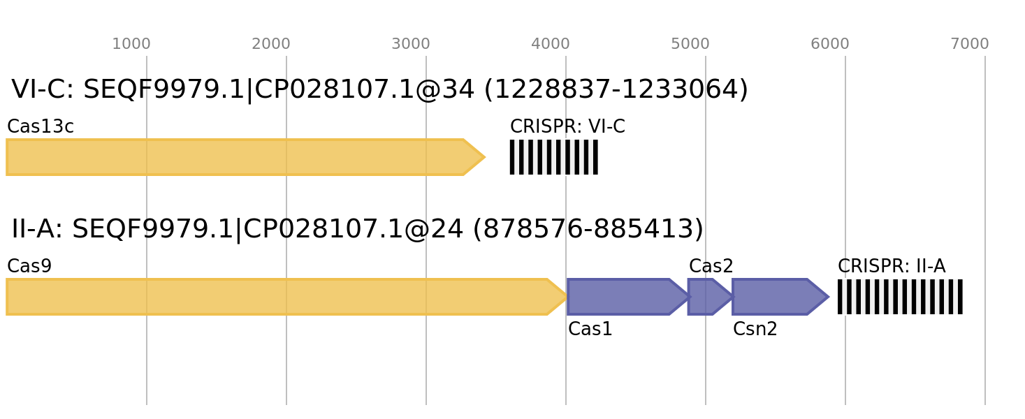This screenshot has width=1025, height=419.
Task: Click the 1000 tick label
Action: click(x=131, y=45)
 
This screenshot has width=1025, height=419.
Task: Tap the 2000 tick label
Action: click(x=271, y=45)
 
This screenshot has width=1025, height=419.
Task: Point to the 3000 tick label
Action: click(x=411, y=45)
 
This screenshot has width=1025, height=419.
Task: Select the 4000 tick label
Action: click(x=551, y=45)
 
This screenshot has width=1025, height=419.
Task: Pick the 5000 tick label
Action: click(x=690, y=45)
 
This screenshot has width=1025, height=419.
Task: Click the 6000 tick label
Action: click(x=830, y=45)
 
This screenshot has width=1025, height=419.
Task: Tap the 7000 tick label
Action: click(x=970, y=45)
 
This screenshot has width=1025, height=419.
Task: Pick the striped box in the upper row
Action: click(x=553, y=157)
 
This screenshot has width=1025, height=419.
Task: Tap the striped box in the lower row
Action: click(x=900, y=297)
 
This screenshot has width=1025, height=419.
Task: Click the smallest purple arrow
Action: click(x=708, y=297)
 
